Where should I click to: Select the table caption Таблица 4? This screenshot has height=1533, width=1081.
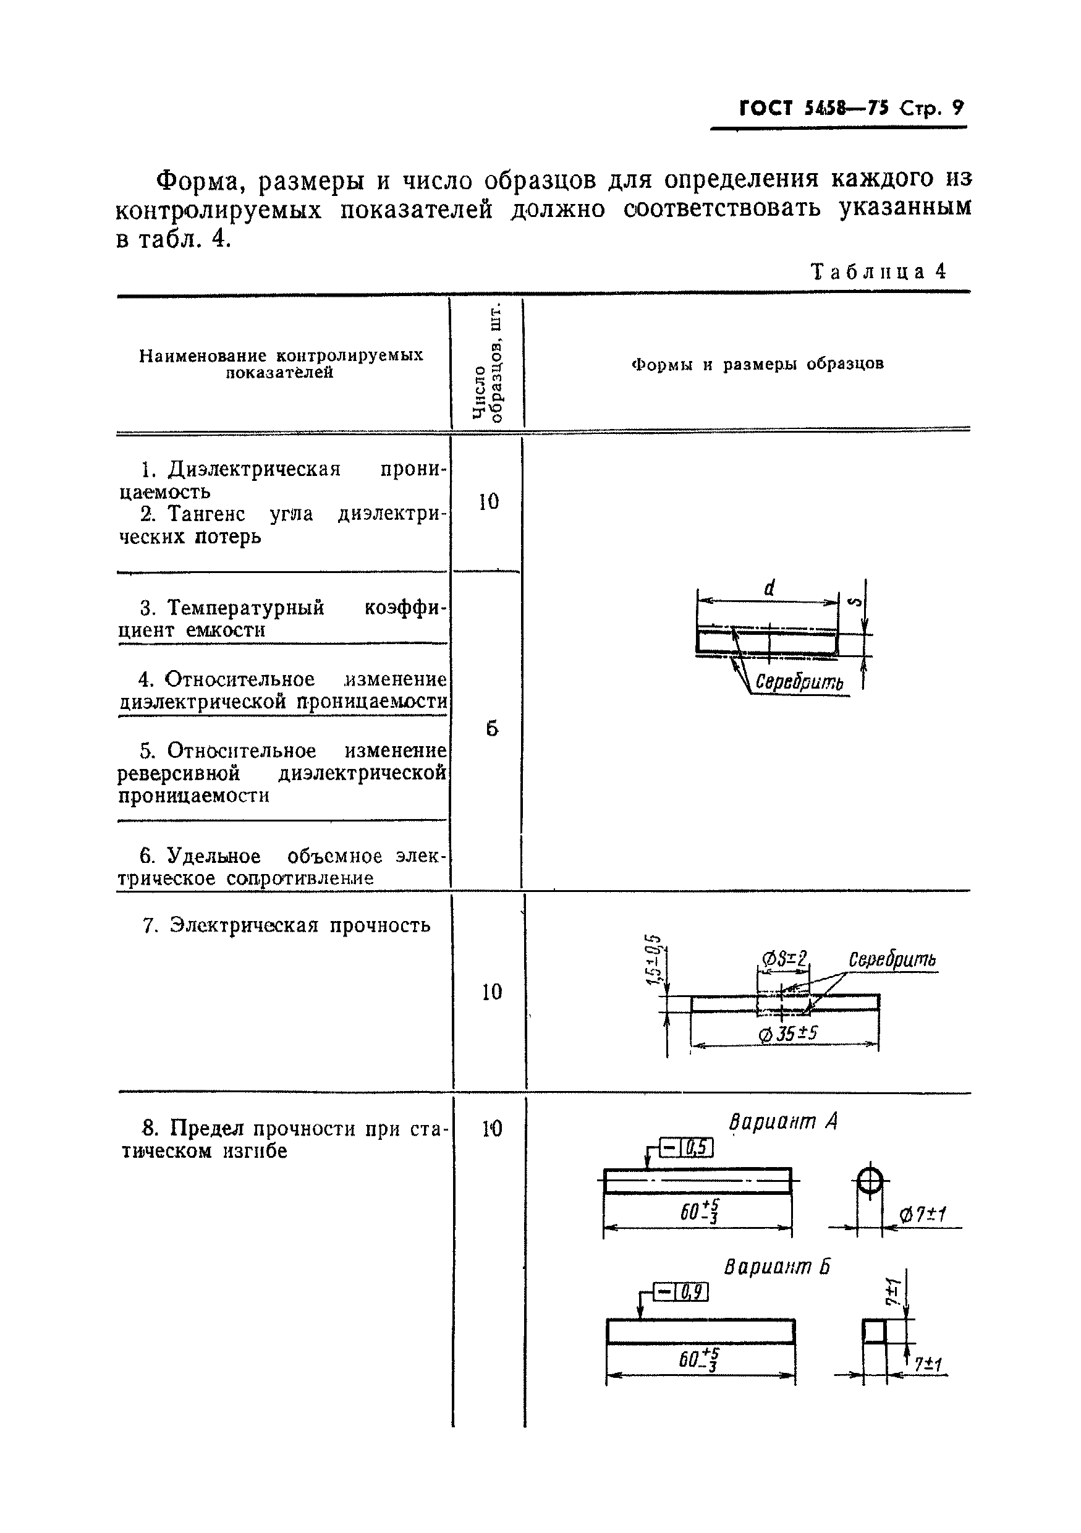[x=878, y=272]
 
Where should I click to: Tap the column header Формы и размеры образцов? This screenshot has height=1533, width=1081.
[x=757, y=365]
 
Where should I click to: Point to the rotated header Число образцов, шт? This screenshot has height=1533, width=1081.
[x=488, y=364]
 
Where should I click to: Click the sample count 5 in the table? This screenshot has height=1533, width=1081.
[x=491, y=728]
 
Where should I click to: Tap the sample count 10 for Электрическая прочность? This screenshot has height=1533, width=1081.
[x=491, y=992]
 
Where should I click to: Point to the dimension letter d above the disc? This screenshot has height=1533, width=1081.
[x=769, y=588]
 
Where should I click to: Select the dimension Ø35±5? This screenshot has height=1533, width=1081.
[x=788, y=1034]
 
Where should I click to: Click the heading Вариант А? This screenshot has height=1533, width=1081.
[x=782, y=1123]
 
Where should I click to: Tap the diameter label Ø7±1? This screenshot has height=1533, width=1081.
[x=923, y=1215]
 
